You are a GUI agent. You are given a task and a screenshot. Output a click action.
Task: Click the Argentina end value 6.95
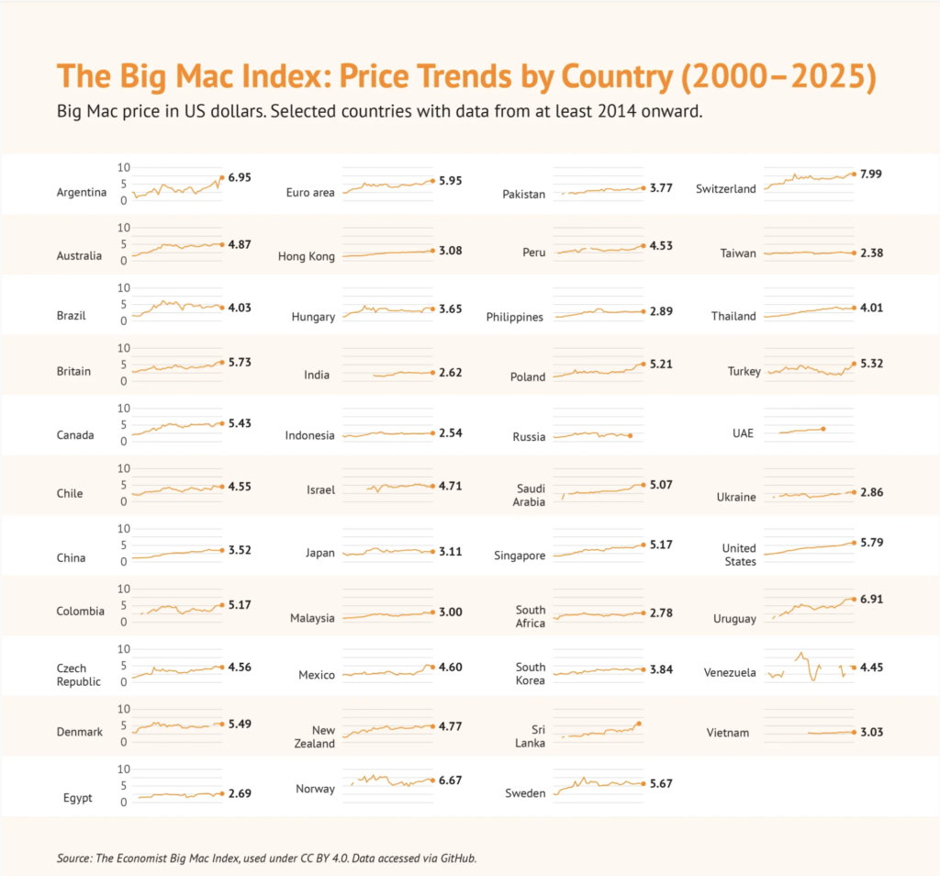(x=240, y=176)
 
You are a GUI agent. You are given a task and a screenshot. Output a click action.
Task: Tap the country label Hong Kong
(x=307, y=256)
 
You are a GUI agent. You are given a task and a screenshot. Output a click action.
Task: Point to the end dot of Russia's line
(x=631, y=435)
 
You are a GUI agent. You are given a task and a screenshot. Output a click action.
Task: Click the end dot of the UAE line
(x=823, y=429)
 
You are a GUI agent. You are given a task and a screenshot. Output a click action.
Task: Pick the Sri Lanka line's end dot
(x=639, y=724)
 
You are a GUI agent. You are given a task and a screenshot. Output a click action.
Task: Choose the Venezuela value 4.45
(x=873, y=667)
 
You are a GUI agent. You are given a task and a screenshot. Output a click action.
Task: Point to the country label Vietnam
(x=728, y=732)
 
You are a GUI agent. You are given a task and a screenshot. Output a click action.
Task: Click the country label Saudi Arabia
(x=531, y=494)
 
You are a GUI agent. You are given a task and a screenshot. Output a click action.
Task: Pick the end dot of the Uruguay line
(x=854, y=600)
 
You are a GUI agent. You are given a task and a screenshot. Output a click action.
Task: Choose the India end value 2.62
(x=450, y=372)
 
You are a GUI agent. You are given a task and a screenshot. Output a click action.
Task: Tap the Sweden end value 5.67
(x=660, y=783)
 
